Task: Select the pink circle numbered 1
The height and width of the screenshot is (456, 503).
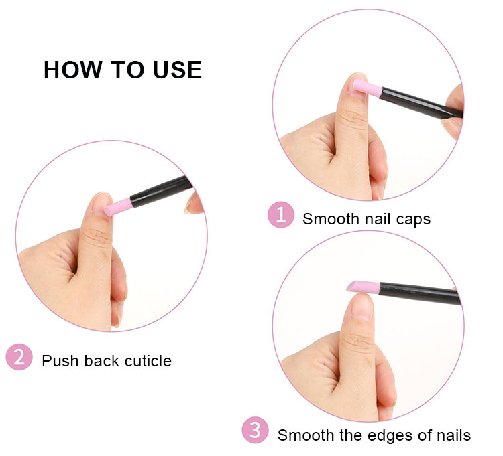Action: click(281, 216)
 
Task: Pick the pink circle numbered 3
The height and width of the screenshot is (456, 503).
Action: click(256, 431)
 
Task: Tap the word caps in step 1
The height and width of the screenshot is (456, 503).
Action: click(412, 219)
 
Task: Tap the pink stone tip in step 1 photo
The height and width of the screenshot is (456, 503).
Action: click(366, 90)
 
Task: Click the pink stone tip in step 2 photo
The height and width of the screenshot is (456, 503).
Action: click(117, 205)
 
